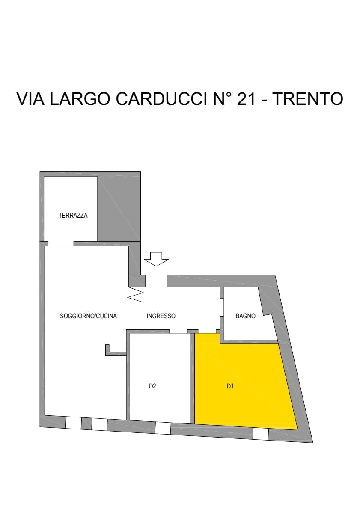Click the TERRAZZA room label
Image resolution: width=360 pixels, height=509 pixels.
pos(73,215)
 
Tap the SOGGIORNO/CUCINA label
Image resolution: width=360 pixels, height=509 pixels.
pos(88,316)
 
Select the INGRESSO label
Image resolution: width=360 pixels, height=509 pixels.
pos(161,316)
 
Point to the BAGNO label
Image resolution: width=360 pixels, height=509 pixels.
pos(246,316)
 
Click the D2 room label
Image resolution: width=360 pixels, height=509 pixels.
pos(153,386)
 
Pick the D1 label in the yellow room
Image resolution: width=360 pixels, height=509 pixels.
pos(230,386)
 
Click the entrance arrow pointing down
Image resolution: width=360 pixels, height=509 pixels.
pos(156,259)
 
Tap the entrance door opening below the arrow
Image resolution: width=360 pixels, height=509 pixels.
pos(156,281)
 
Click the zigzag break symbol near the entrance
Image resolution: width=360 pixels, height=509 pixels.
pos(136,294)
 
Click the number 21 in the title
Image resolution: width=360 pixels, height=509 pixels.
pos(246,99)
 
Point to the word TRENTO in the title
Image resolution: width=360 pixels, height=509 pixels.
pos(308,99)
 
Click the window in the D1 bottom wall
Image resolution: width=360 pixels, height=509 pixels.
pos(261,434)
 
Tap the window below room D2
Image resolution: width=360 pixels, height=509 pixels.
pos(163,428)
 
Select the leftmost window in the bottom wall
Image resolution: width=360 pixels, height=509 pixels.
pos(74,423)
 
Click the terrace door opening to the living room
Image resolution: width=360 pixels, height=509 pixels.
pos(61,244)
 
